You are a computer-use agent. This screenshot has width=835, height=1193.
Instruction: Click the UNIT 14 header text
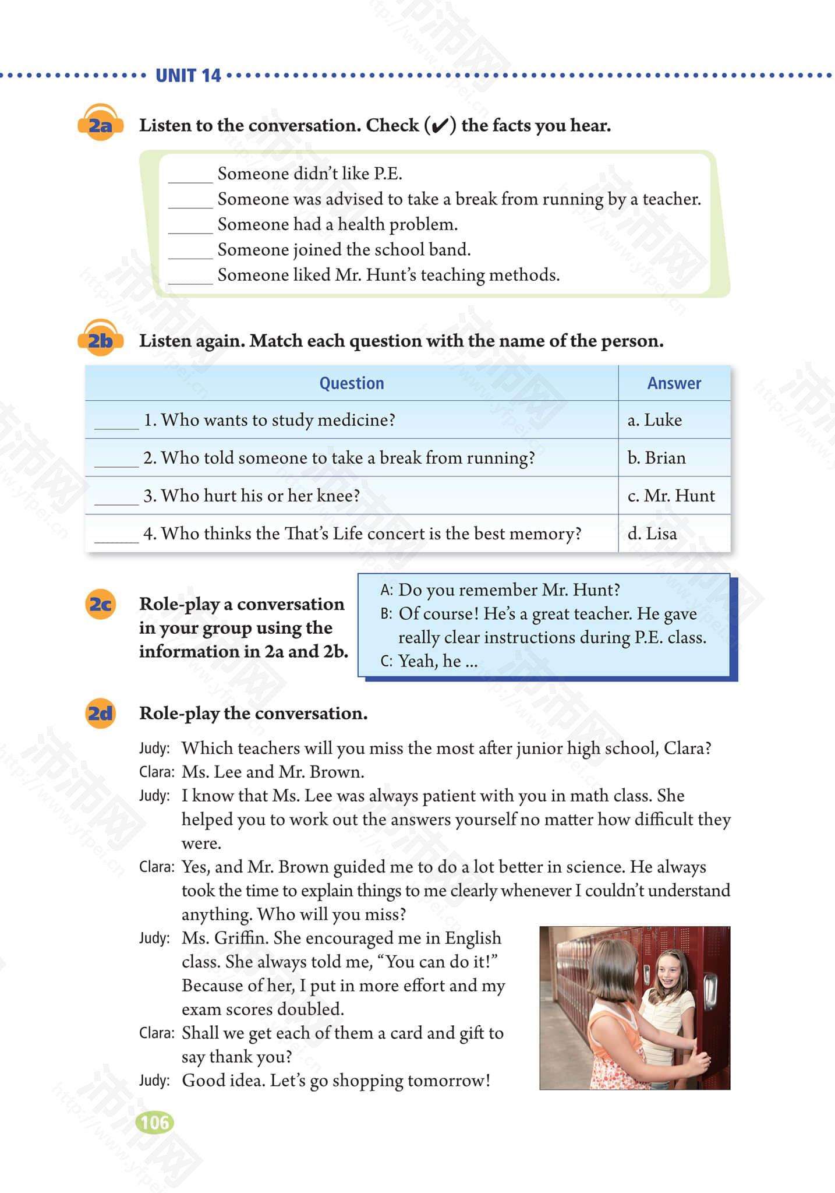188,75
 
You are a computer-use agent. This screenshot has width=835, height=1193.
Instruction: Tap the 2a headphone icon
100,122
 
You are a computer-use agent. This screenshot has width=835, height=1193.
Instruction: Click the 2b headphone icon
100,337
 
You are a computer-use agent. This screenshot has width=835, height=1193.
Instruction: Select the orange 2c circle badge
100,604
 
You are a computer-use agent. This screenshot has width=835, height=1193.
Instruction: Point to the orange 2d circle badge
100,713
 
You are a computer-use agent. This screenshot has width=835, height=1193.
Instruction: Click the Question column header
351,383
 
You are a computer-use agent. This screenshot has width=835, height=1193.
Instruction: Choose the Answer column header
674,383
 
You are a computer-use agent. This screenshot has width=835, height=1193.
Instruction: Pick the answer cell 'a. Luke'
654,420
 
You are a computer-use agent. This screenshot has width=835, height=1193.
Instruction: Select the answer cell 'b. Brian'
656,458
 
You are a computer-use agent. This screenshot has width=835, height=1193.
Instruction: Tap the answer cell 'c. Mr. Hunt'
671,496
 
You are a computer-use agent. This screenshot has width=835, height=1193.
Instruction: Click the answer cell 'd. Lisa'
652,534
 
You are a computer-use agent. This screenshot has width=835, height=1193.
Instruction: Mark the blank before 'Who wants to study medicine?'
116,424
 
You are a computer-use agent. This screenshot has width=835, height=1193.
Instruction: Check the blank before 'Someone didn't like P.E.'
190,177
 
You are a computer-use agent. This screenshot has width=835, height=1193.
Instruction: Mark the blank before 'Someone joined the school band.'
190,253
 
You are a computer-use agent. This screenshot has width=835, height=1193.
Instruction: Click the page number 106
154,1122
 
